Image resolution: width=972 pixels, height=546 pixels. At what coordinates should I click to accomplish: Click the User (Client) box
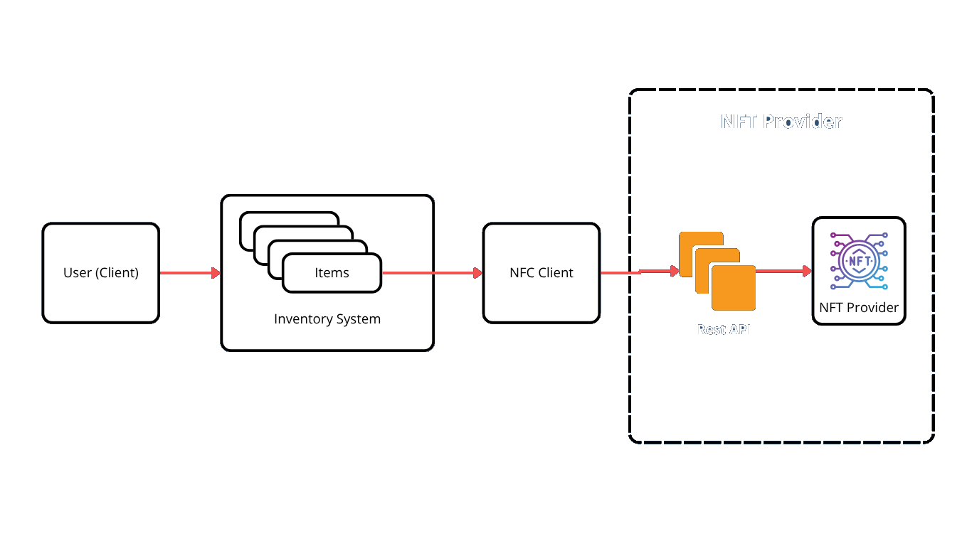pos(100,273)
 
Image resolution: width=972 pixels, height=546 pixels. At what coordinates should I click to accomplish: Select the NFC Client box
pos(542,273)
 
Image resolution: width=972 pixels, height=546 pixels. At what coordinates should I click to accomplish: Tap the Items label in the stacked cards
pos(332,273)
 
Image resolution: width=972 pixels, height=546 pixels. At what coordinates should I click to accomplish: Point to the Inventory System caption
pos(327,319)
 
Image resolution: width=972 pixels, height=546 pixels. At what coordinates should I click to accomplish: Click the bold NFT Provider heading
pos(781,122)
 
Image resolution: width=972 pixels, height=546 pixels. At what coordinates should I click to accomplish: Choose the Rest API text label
pos(724,330)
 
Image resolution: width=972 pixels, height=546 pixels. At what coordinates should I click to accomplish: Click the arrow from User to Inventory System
pos(189,273)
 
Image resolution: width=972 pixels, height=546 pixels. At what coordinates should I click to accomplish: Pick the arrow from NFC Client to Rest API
pos(639,272)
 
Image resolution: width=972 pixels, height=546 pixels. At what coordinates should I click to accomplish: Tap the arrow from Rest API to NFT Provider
pos(783,271)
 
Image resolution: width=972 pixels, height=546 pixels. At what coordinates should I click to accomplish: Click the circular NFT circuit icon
pos(859,261)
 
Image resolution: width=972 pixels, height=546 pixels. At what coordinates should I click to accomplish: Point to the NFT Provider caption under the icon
pos(859,308)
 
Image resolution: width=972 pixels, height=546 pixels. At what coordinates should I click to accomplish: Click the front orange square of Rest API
pos(734,288)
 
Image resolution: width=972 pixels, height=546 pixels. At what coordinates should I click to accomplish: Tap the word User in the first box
pos(78,273)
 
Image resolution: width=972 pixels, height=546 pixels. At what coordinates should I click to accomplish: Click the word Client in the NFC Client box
pos(556,273)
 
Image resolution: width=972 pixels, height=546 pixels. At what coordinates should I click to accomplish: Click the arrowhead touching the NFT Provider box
pos(808,271)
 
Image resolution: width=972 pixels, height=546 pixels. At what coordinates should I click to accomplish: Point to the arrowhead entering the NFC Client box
pos(478,273)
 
